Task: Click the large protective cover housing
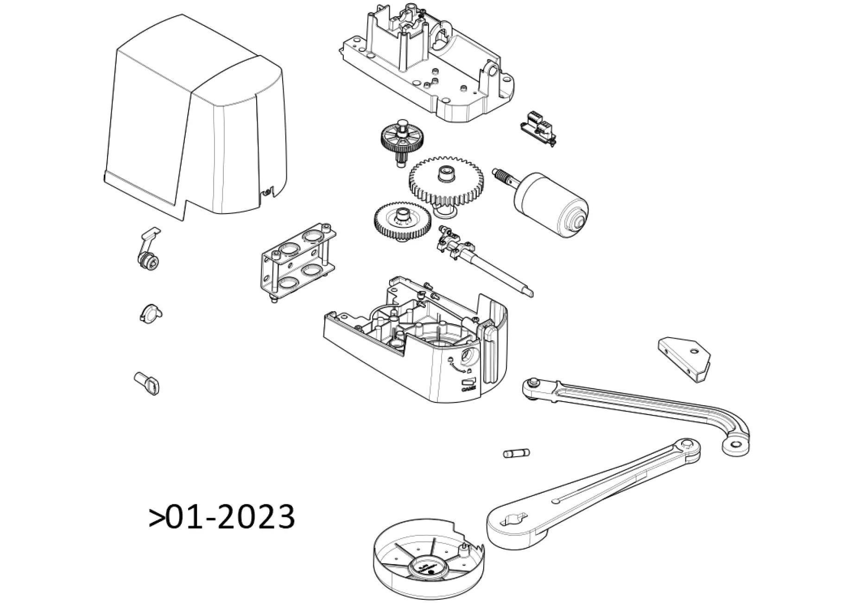click(195, 125)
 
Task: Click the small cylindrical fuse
click(516, 453)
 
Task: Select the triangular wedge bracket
click(685, 358)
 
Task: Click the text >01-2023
click(221, 516)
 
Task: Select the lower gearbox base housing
click(417, 343)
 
